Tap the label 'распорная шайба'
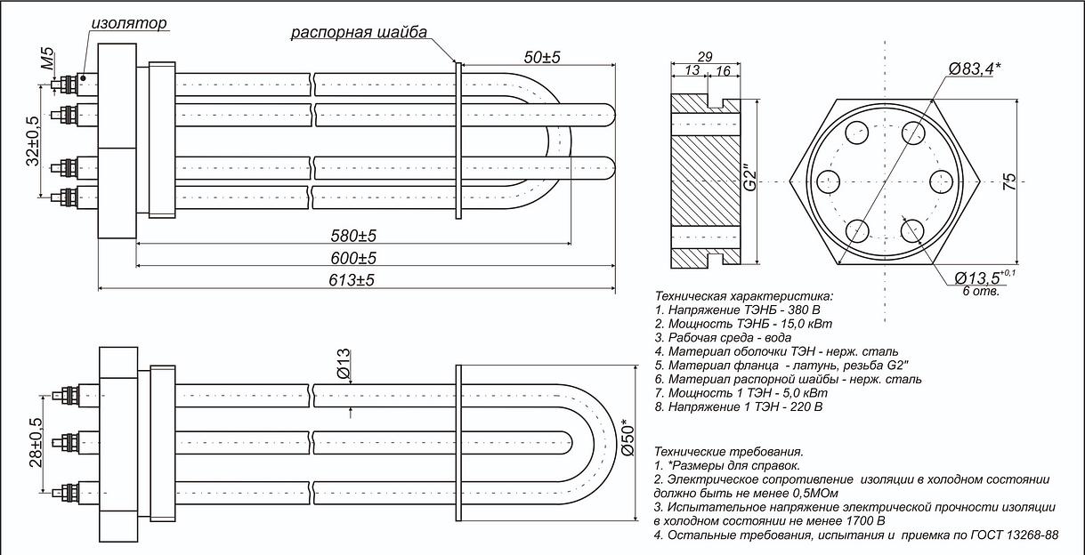click(x=359, y=33)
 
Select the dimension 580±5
click(x=353, y=236)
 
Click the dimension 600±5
click(x=353, y=258)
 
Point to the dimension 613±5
click(x=353, y=280)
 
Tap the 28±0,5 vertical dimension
click(x=36, y=442)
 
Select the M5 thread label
click(x=48, y=62)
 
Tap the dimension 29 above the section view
click(x=704, y=57)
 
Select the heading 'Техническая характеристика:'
click(x=743, y=295)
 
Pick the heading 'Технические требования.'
click(x=728, y=452)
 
